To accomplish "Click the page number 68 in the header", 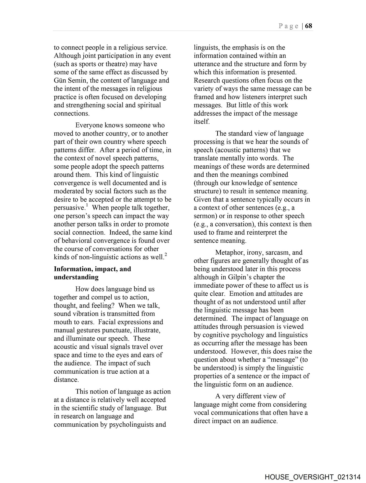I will click(x=309, y=26).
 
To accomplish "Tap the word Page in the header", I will click(x=289, y=26).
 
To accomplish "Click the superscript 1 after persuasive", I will click(x=87, y=206).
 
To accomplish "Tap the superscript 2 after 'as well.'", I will click(x=166, y=255).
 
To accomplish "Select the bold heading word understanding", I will click(x=76, y=277).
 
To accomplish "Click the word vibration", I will click(x=89, y=314).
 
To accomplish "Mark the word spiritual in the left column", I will click(x=149, y=105).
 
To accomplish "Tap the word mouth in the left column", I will click(x=62, y=322).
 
